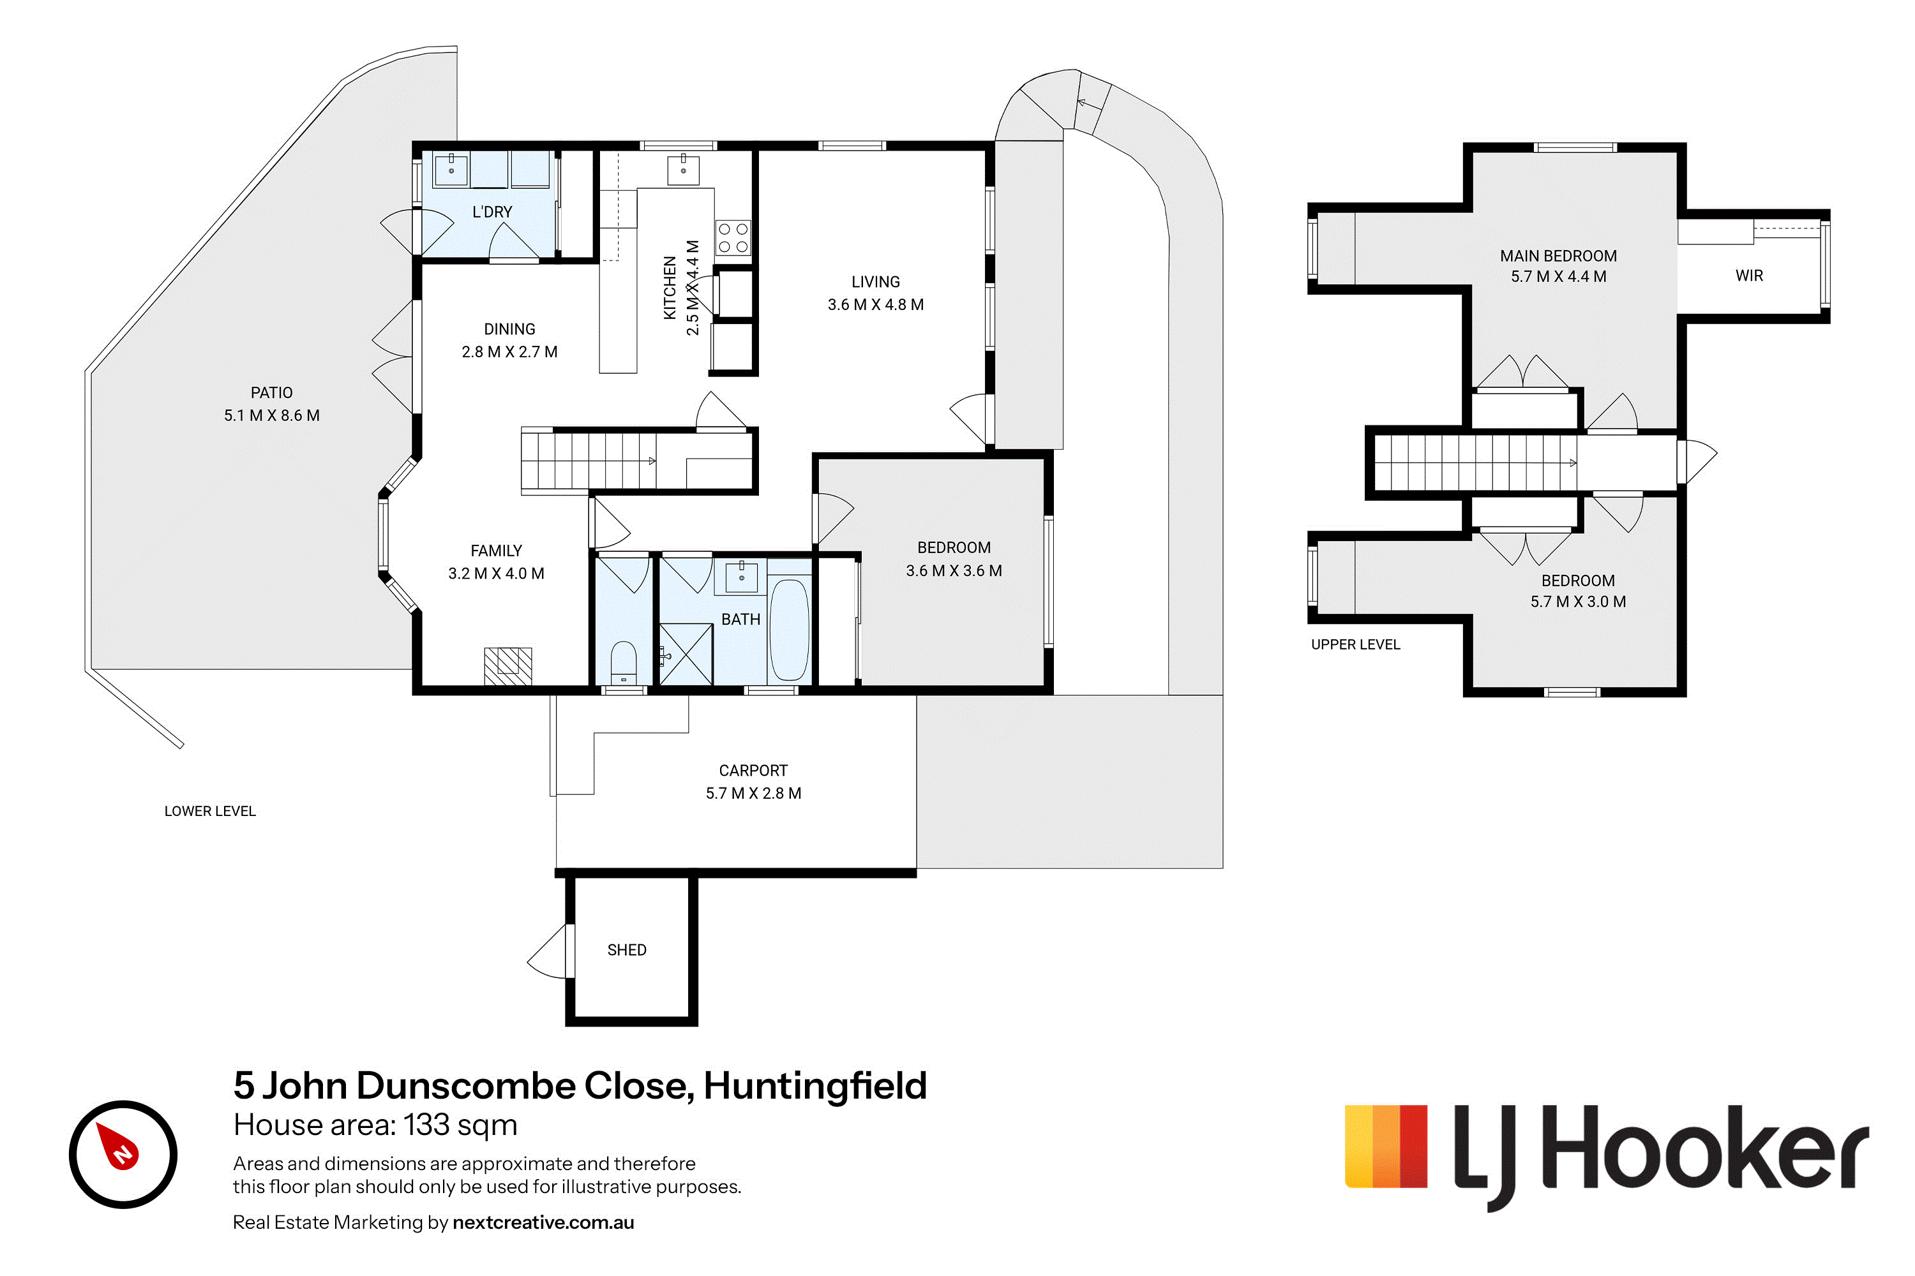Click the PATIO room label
click(271, 392)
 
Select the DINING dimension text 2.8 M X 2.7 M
click(509, 352)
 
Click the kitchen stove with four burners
click(733, 237)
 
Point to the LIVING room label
click(875, 281)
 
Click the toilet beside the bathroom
click(624, 662)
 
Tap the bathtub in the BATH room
click(789, 629)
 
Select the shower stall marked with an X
click(686, 653)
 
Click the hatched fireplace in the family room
click(508, 665)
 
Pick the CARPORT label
click(753, 770)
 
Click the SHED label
click(627, 950)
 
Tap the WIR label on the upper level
click(1749, 276)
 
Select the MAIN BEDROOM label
click(1558, 256)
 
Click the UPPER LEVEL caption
click(1356, 644)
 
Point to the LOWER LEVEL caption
click(210, 812)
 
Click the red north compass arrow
click(118, 1145)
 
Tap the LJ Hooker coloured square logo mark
click(1386, 1146)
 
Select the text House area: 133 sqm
click(375, 1125)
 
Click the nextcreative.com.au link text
click(543, 1222)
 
